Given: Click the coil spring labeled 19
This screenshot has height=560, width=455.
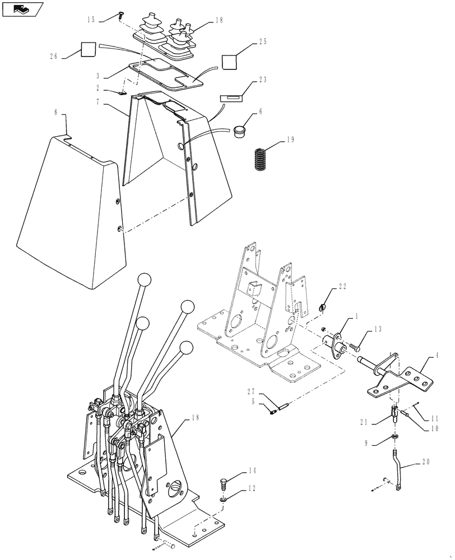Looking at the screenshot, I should (x=259, y=160).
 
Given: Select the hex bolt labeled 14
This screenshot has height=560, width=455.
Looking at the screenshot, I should (x=224, y=482).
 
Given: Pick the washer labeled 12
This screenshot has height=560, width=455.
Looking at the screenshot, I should (x=224, y=498).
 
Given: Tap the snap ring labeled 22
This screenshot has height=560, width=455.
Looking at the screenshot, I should (x=324, y=307).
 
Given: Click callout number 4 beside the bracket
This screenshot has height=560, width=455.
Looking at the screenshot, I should (x=435, y=355).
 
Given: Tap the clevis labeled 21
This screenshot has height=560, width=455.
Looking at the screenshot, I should (x=394, y=417).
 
